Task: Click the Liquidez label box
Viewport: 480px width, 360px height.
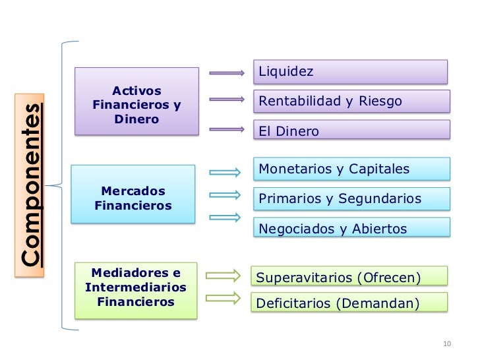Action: click(x=350, y=71)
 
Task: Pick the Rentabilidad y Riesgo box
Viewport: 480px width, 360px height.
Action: click(x=351, y=102)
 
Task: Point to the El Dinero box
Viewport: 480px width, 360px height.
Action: click(x=351, y=131)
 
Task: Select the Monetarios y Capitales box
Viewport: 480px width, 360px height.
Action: click(x=351, y=169)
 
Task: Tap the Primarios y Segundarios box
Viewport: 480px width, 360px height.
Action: click(x=351, y=198)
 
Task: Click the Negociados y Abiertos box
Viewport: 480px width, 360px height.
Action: click(x=351, y=228)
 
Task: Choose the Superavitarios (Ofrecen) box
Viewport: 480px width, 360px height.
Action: click(x=349, y=277)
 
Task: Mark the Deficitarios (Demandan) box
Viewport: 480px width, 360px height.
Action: click(x=349, y=303)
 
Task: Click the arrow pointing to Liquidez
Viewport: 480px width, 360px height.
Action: click(x=226, y=73)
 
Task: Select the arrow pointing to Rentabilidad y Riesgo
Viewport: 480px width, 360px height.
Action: click(x=226, y=100)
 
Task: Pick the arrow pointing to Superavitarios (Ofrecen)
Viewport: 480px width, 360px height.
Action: click(x=222, y=275)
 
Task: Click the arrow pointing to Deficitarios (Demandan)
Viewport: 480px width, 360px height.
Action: click(x=222, y=297)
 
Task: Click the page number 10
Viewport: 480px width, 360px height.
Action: click(x=446, y=344)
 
